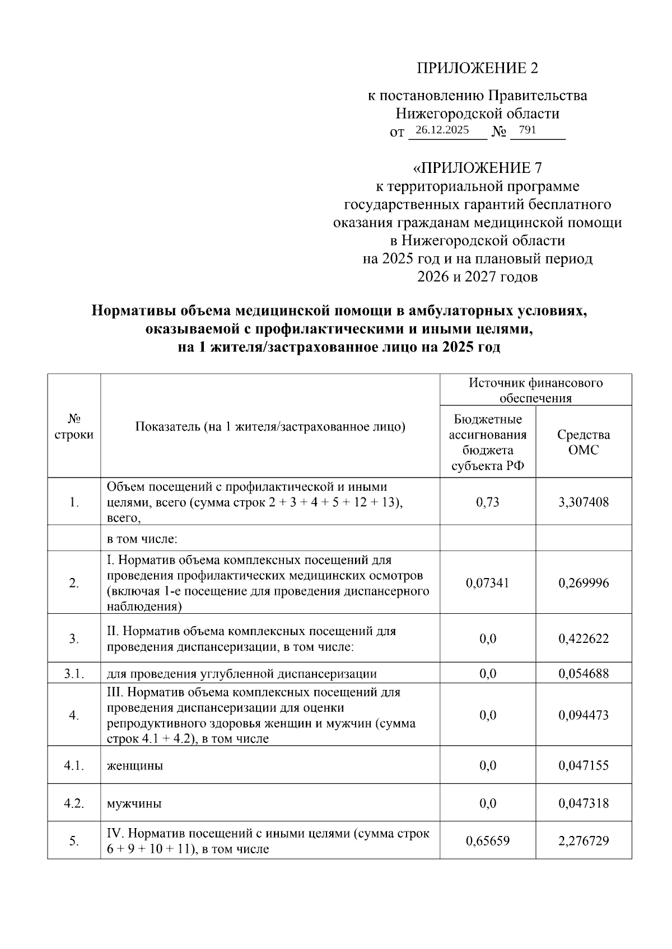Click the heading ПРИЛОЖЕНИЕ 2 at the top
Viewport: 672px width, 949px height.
pyautogui.click(x=477, y=68)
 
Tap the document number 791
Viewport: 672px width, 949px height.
pyautogui.click(x=528, y=130)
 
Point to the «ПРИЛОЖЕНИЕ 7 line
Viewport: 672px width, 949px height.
pyautogui.click(x=477, y=168)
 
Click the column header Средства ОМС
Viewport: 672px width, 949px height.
pyautogui.click(x=584, y=442)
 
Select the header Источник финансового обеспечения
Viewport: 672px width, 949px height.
pyautogui.click(x=535, y=390)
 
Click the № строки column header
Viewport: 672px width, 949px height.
pyautogui.click(x=74, y=426)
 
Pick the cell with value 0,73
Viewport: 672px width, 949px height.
pyautogui.click(x=487, y=502)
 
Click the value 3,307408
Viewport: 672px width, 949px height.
pyautogui.click(x=584, y=502)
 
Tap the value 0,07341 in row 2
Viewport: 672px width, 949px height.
pyautogui.click(x=487, y=583)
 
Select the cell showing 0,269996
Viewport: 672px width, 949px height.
pyautogui.click(x=584, y=583)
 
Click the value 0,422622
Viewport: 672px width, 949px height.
pyautogui.click(x=584, y=638)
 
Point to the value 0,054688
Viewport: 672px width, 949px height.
pyautogui.click(x=584, y=674)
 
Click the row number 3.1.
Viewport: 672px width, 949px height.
pyautogui.click(x=74, y=674)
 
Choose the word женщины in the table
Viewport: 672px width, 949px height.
pyautogui.click(x=135, y=765)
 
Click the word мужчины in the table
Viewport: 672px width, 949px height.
pyautogui.click(x=134, y=804)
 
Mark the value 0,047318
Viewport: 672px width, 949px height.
pyautogui.click(x=584, y=804)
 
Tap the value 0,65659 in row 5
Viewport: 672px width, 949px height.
pyautogui.click(x=487, y=841)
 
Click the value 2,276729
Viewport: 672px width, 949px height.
pyautogui.click(x=584, y=841)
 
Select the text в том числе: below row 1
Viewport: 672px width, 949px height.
pyautogui.click(x=142, y=539)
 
